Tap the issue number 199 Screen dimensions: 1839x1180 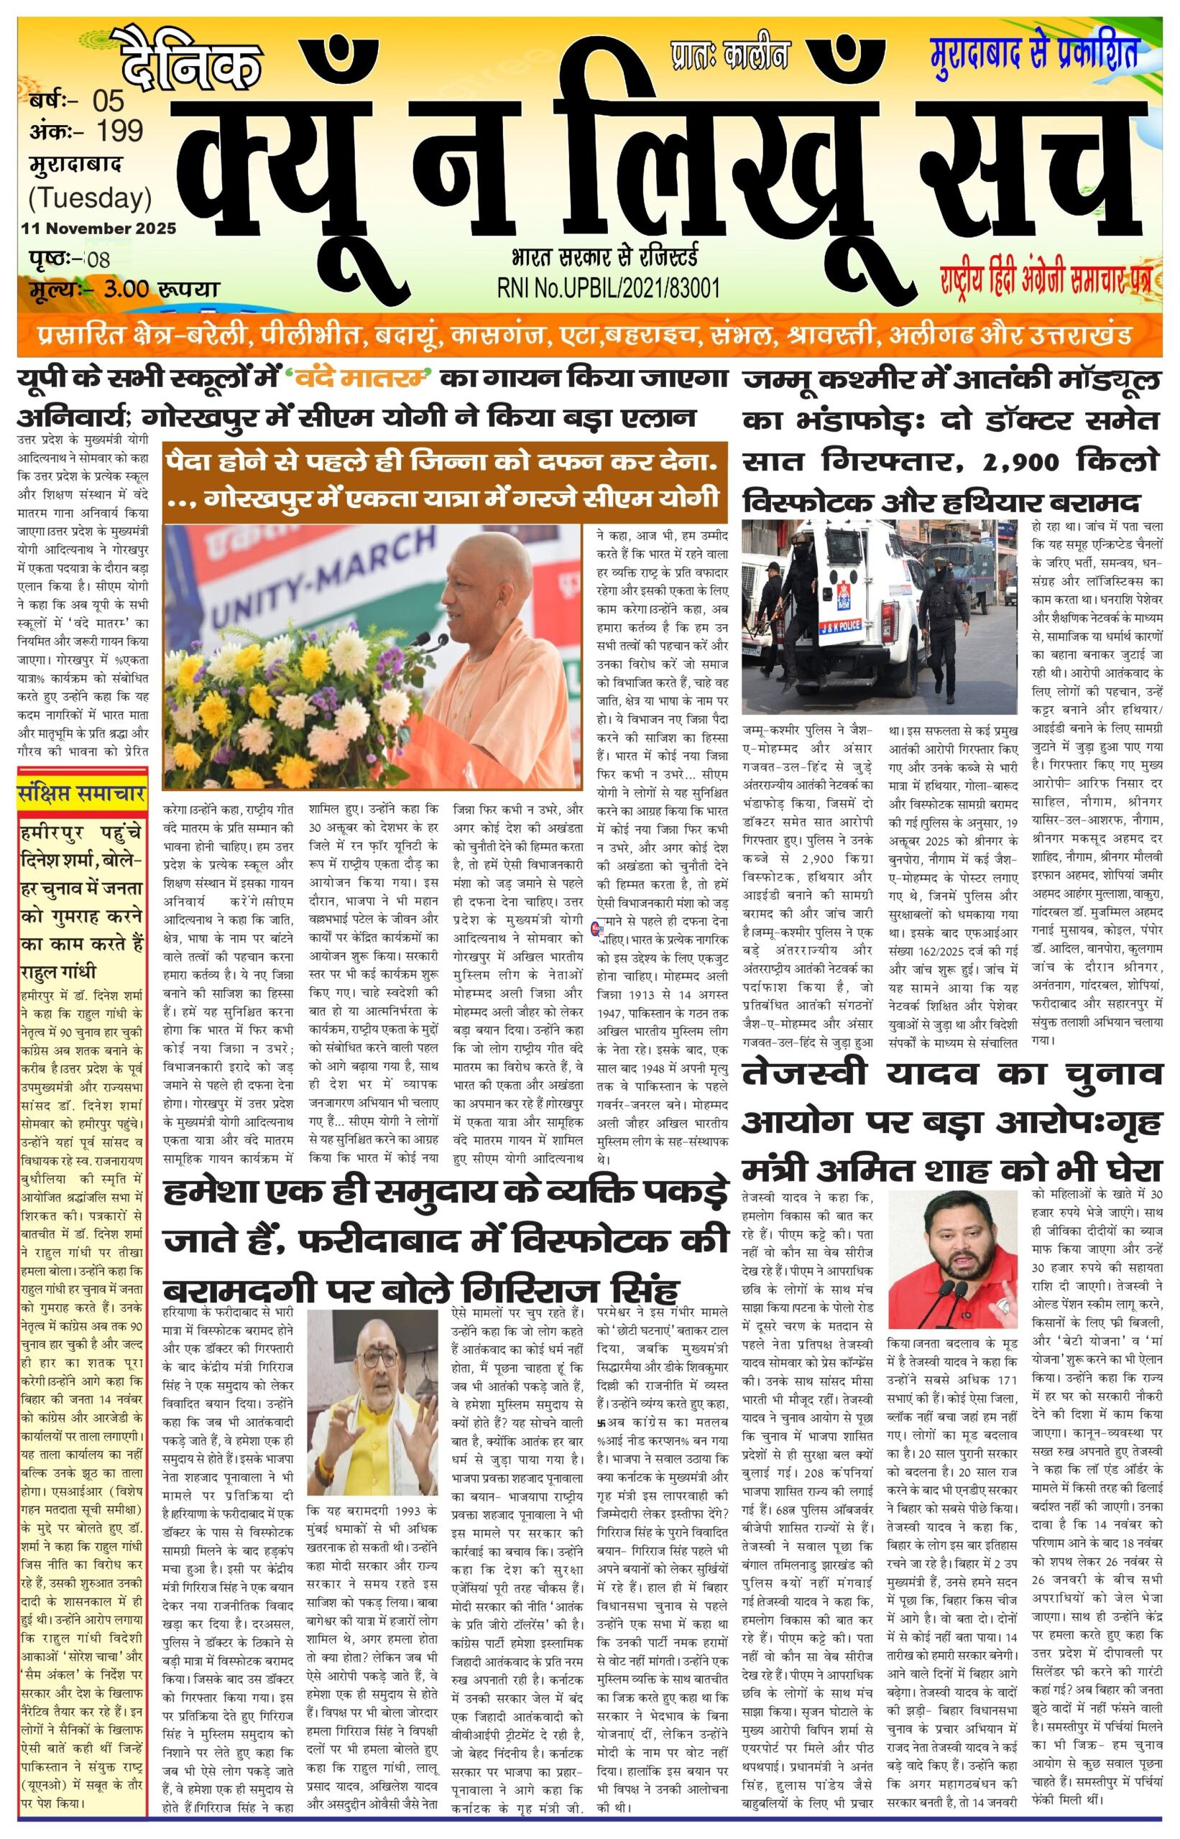(x=121, y=131)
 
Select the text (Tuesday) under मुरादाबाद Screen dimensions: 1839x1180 (x=90, y=198)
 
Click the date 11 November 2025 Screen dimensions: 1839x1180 (x=99, y=228)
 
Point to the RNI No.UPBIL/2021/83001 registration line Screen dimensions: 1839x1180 (x=608, y=287)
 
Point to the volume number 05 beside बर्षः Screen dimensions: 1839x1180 (x=108, y=101)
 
